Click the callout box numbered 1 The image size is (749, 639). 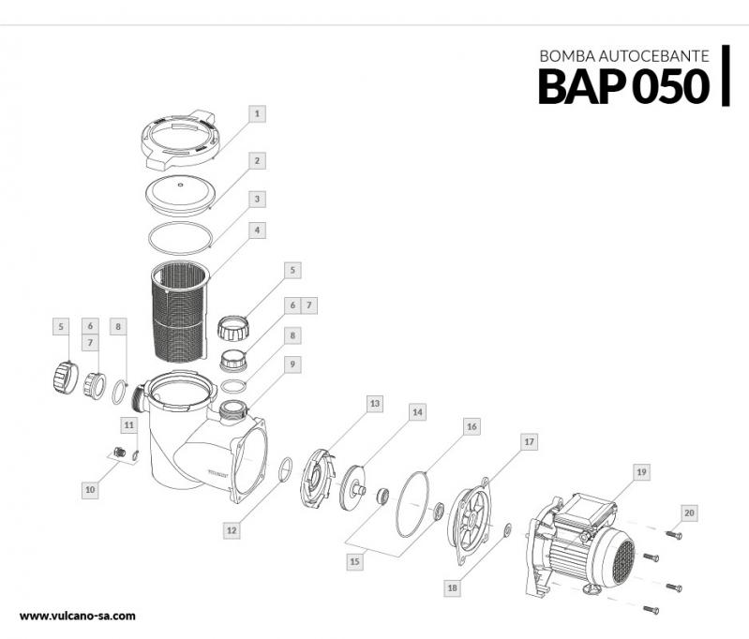pos(258,112)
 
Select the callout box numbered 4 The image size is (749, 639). pos(258,229)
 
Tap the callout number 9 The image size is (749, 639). pos(293,364)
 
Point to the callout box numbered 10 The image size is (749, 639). pos(90,488)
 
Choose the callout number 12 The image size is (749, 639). pos(232,529)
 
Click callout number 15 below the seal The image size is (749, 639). pos(353,561)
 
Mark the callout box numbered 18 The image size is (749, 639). pos(452,587)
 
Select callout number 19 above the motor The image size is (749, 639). pos(640,472)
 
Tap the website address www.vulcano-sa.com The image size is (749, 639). pos(78,616)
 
